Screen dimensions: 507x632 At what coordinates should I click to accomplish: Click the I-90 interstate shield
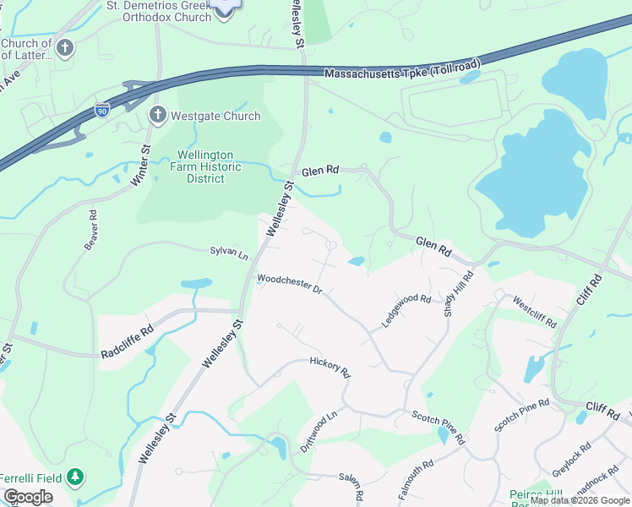pos(101,110)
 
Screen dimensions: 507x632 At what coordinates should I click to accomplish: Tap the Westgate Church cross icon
pos(156,116)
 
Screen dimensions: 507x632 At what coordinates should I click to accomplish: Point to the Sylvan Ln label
pos(229,252)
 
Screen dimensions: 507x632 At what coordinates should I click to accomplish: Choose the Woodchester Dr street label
pos(290,284)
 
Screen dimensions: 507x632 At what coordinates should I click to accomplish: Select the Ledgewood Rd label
pos(406,310)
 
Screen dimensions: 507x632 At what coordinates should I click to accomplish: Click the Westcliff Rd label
pos(535,310)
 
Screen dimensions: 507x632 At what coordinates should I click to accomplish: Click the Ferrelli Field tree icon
pos(75,477)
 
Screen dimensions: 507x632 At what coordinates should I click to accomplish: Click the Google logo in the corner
pos(28,496)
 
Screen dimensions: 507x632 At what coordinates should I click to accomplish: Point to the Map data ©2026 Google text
pos(579,500)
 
